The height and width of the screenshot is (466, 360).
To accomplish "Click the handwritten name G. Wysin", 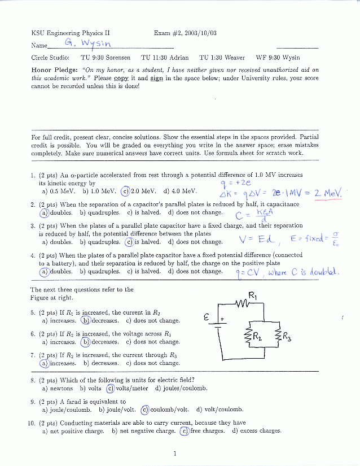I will (x=89, y=43).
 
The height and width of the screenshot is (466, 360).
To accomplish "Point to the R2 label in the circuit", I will (x=257, y=338).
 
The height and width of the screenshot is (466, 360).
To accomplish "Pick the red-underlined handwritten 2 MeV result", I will (x=328, y=194).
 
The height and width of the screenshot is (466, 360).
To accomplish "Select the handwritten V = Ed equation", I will (x=256, y=239).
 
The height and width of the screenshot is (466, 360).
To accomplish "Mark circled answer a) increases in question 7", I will (x=59, y=363).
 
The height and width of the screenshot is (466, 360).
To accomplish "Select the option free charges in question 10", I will (x=203, y=431).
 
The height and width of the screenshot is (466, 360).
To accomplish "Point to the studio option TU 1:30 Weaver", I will (x=222, y=58).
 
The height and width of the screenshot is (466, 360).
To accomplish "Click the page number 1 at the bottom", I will (x=175, y=453).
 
